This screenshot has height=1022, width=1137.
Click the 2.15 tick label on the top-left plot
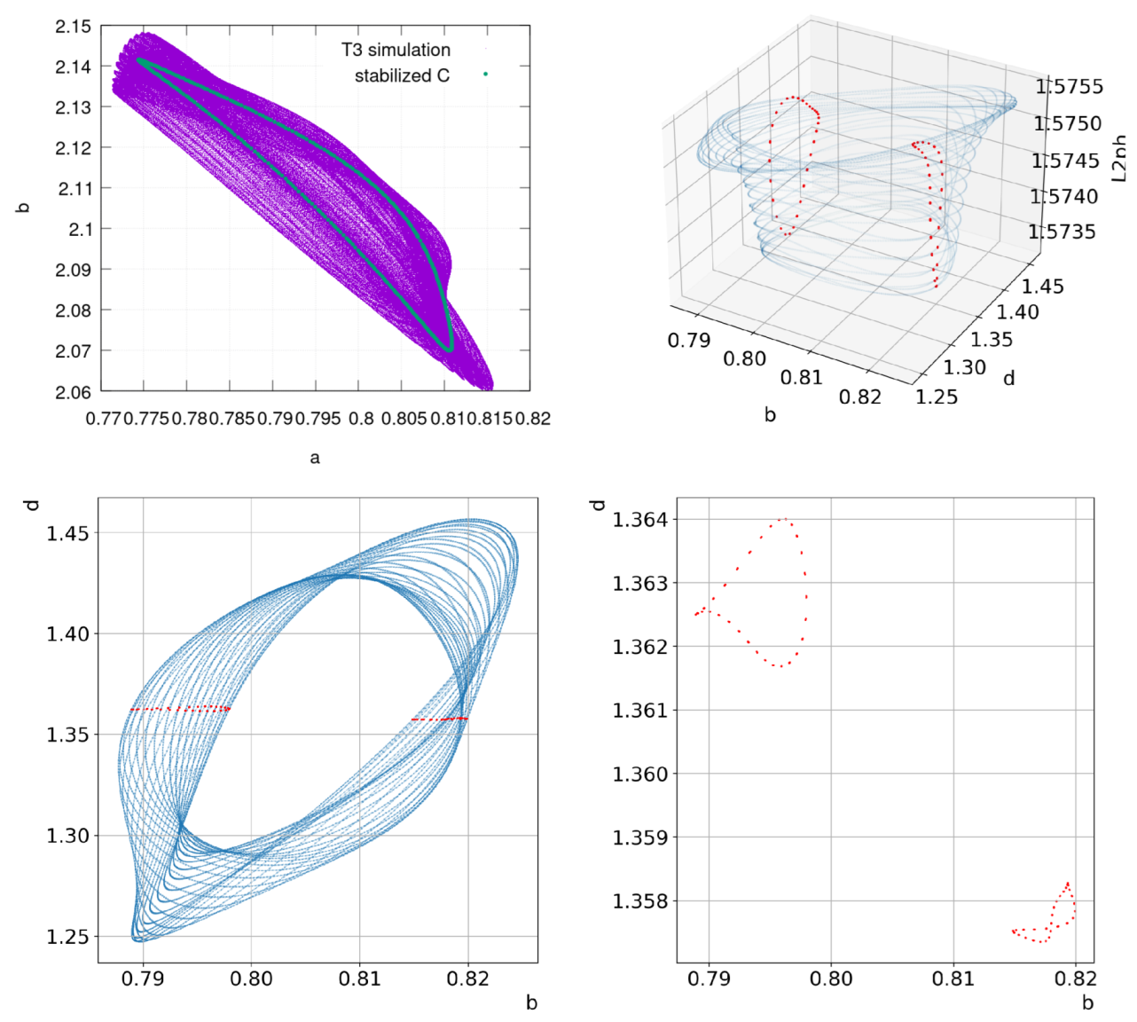pyautogui.click(x=72, y=27)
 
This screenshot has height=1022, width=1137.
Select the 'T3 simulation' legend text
pyautogui.click(x=396, y=50)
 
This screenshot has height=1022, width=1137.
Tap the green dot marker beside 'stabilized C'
pyautogui.click(x=485, y=75)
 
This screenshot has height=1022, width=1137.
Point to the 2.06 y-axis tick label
pyautogui.click(x=72, y=392)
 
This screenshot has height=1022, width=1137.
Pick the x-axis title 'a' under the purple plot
pyautogui.click(x=315, y=458)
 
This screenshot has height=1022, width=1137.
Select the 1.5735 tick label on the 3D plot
pyautogui.click(x=1063, y=232)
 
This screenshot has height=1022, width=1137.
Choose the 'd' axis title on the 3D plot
pyautogui.click(x=1009, y=379)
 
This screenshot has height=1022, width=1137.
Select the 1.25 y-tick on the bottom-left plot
pyautogui.click(x=67, y=937)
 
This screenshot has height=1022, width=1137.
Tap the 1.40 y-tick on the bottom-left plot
pyautogui.click(x=67, y=634)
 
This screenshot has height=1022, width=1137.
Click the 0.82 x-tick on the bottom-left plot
pyautogui.click(x=467, y=979)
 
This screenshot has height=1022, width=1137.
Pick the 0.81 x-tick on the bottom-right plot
pyautogui.click(x=953, y=979)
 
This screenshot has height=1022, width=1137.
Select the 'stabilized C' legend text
pyautogui.click(x=402, y=75)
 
